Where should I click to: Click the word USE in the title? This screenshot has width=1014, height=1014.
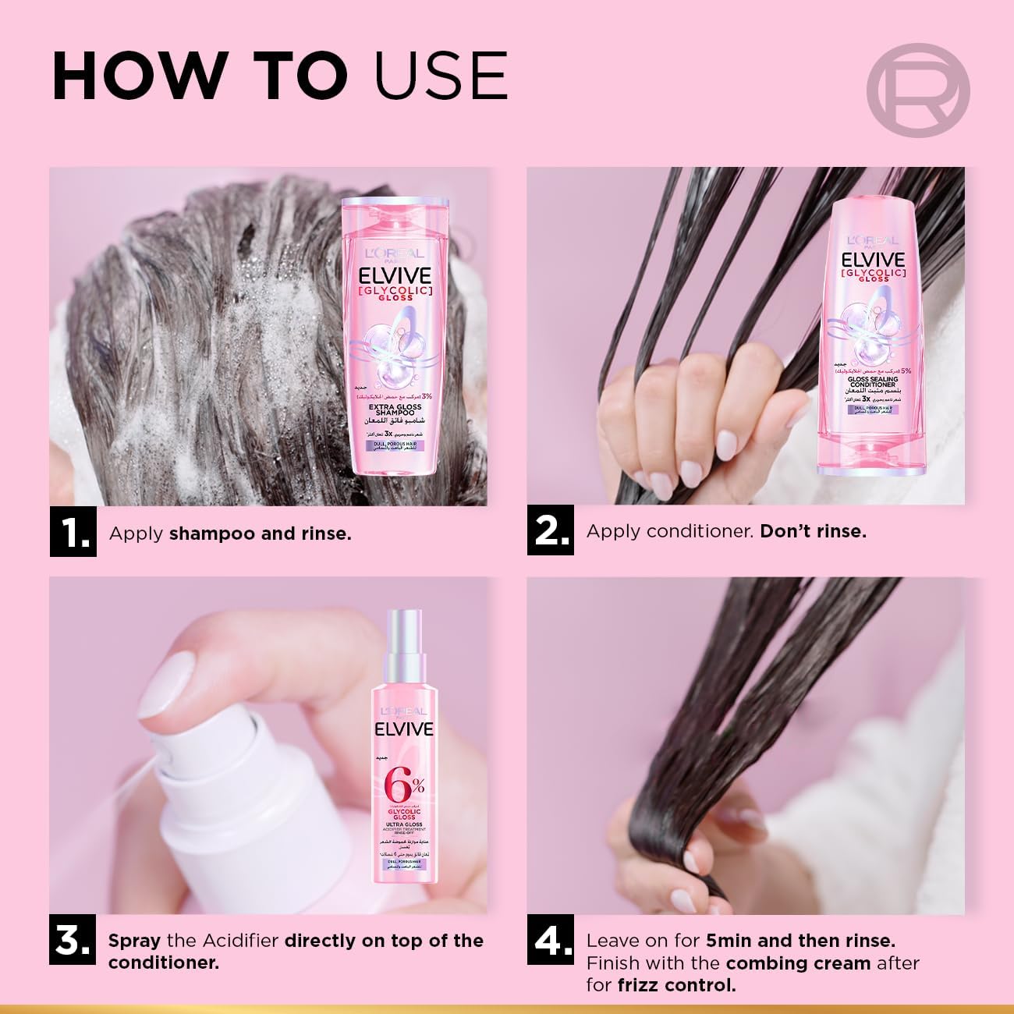[441, 76]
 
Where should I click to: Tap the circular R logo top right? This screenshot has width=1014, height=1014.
[918, 90]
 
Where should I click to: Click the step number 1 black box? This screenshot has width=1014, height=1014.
[73, 533]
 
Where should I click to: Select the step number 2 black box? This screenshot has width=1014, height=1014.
[550, 530]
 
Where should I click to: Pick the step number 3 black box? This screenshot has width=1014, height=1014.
[73, 941]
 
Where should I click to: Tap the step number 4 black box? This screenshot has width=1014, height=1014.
[550, 941]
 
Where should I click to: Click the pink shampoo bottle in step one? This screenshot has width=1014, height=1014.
[395, 335]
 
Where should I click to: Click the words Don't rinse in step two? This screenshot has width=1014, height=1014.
[813, 532]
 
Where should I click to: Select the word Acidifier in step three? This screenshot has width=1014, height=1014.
[241, 941]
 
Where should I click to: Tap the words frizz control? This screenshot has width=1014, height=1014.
[676, 985]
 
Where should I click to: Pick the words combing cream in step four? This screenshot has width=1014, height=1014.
[797, 963]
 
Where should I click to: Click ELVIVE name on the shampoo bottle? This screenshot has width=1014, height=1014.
[395, 278]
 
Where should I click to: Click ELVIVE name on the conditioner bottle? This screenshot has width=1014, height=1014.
[871, 260]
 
